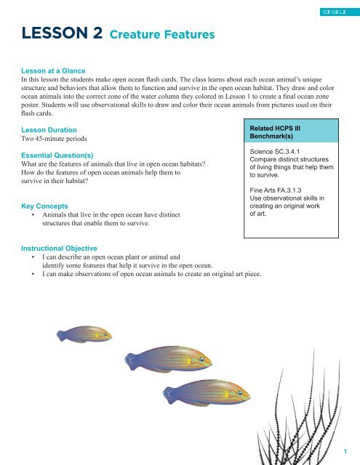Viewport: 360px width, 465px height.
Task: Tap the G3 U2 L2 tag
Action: point(338,12)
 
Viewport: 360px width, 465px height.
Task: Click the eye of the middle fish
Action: point(199,360)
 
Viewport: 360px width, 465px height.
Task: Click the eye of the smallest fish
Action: point(106,336)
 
